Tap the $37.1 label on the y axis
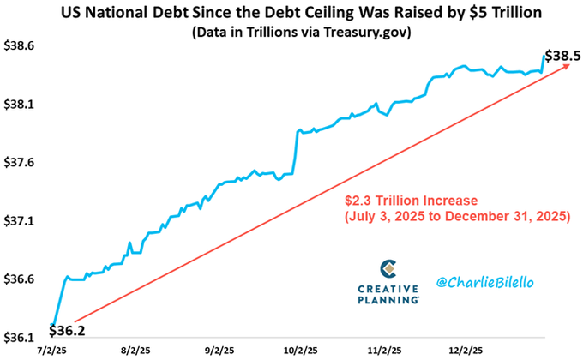(18, 221)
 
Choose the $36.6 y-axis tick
(18, 279)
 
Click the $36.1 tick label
(18, 338)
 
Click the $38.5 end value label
(562, 56)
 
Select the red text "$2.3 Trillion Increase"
(412, 201)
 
